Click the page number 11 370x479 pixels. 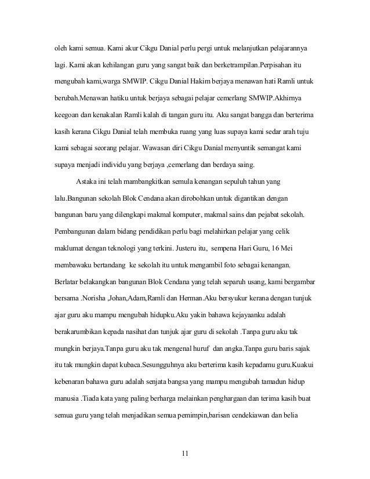pos(185,452)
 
